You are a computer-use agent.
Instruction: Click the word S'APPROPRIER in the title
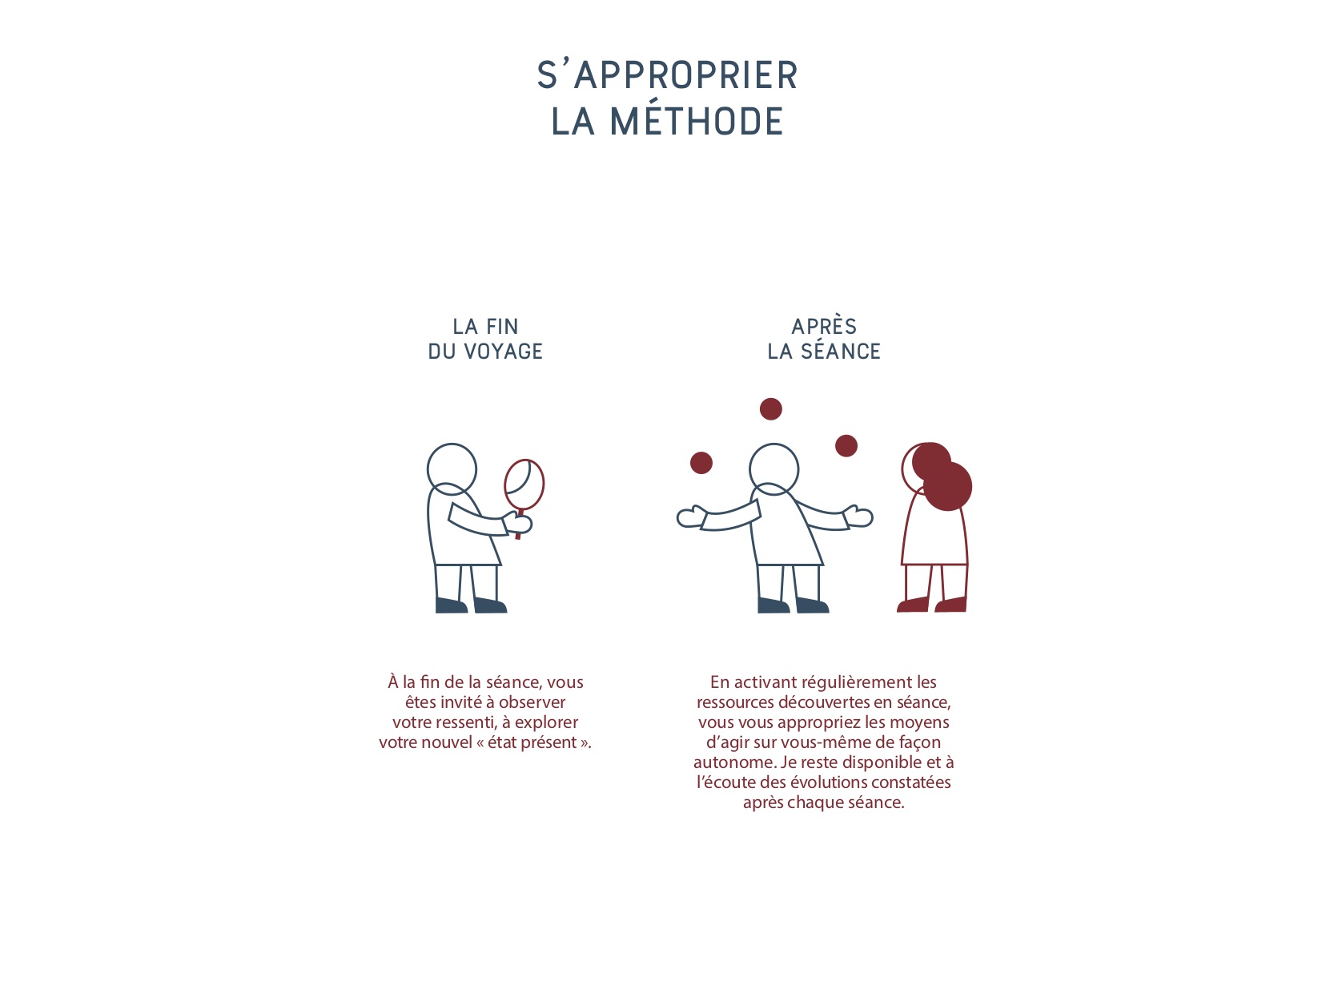pos(667,74)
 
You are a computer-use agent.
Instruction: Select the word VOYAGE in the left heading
pos(503,352)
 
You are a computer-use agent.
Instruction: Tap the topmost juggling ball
pos(770,409)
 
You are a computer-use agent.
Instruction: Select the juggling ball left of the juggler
pos(701,463)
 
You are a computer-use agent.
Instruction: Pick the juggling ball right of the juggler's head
pos(846,445)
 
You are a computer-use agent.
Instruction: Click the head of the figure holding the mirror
pos(452,468)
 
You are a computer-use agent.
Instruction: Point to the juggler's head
pos(773,468)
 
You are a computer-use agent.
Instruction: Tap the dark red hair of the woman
pos(941,476)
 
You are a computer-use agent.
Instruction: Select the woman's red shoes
pos(932,604)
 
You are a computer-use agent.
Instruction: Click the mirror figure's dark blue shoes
pos(471,605)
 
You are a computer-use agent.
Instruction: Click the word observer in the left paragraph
pos(532,702)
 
